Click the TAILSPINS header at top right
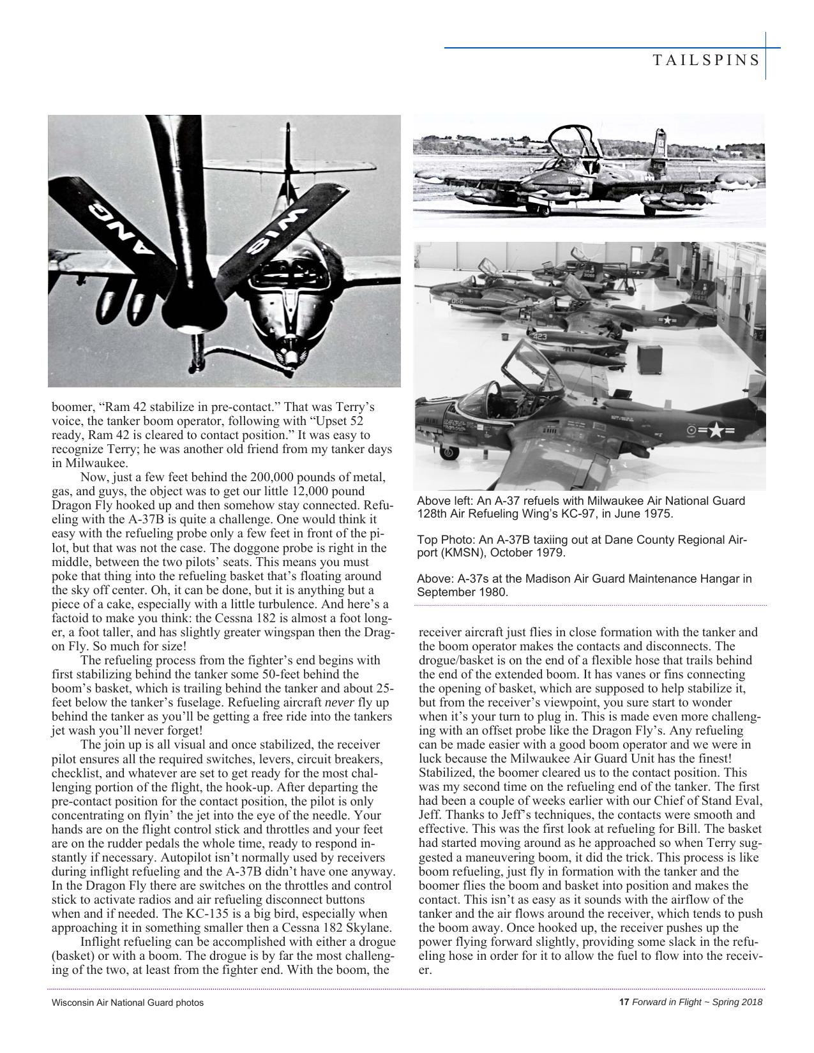click(x=706, y=60)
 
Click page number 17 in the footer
click(x=624, y=1002)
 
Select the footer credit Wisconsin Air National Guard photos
click(x=128, y=1003)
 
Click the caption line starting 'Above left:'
click(x=580, y=501)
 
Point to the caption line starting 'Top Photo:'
click(x=581, y=540)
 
